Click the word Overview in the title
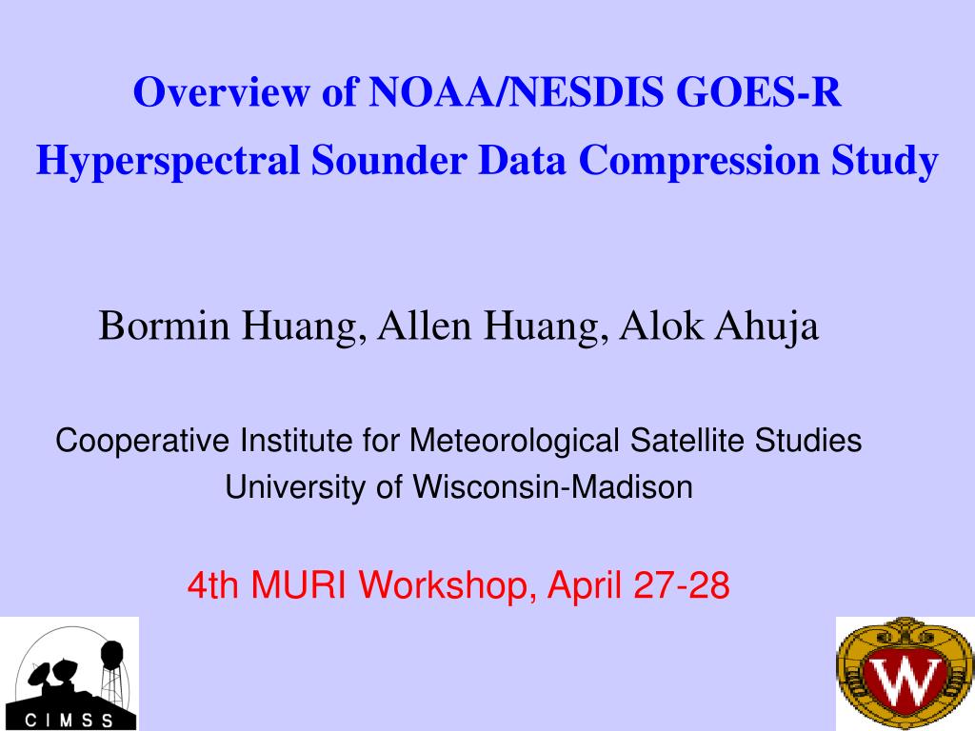coord(221,92)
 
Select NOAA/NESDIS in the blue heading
coord(516,92)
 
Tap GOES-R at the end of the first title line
coord(759,92)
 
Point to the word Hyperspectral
coord(168,162)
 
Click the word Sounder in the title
coord(388,160)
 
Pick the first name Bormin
coord(164,326)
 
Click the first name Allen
coord(424,326)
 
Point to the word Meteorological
coord(513,442)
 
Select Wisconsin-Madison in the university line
coord(553,486)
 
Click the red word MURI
coord(298,585)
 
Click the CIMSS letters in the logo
coord(69,721)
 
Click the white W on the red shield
coord(905,682)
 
